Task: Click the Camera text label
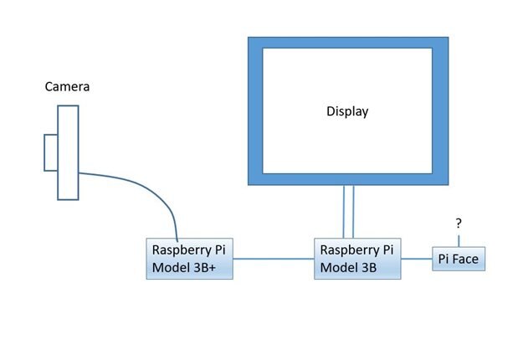67,86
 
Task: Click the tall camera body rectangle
68,152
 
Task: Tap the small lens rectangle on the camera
51,152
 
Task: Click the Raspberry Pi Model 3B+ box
189,259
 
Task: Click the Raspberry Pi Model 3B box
357,259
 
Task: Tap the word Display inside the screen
346,111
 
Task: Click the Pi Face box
458,260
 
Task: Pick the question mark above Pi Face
458,224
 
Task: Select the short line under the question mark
458,239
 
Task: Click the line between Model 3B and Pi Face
416,260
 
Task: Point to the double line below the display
348,212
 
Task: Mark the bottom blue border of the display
347,178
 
